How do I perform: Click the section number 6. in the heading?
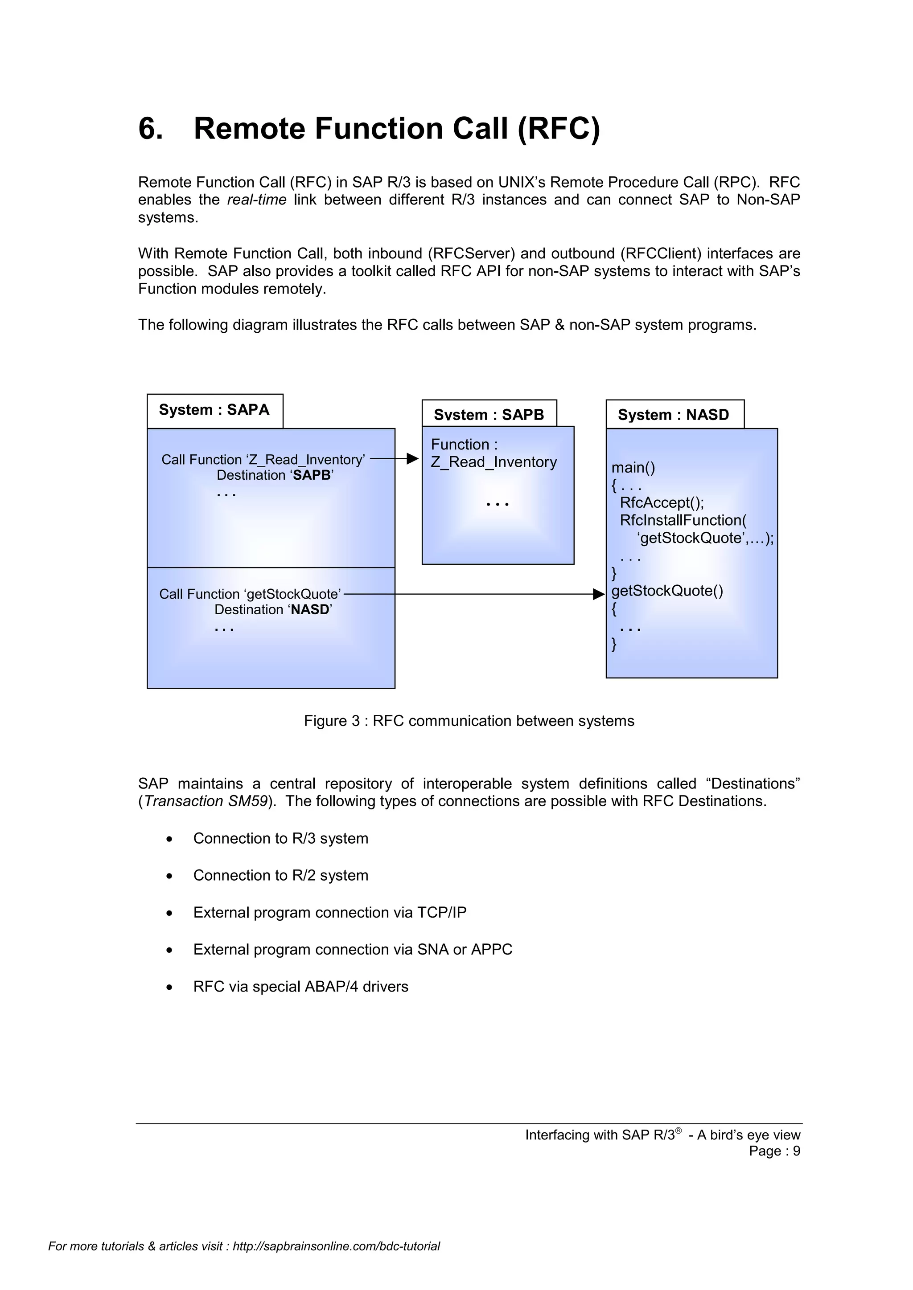[x=151, y=129]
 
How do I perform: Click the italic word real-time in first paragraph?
[x=256, y=200]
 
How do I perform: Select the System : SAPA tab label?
[x=214, y=410]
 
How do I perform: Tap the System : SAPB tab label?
[x=489, y=415]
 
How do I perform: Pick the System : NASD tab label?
[x=673, y=415]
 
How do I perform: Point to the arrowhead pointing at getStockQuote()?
[x=599, y=594]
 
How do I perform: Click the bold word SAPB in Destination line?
[x=312, y=475]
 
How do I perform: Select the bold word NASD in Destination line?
[x=309, y=610]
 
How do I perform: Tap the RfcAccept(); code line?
[x=661, y=502]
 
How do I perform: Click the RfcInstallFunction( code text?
[x=683, y=520]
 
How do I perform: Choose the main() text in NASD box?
[x=633, y=467]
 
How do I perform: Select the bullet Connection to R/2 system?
[x=280, y=875]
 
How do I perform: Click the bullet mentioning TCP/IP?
[x=329, y=912]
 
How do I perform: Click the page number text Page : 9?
[x=774, y=1151]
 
